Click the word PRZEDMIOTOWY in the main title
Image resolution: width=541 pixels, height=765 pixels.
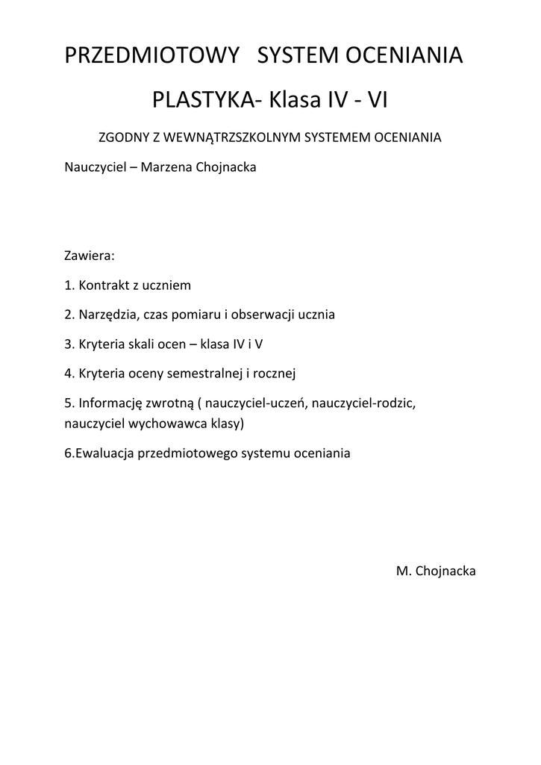click(153, 55)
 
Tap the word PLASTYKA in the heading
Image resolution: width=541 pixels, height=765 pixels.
click(202, 99)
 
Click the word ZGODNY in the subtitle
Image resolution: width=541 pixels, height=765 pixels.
click(120, 138)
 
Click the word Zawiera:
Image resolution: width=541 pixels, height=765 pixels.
click(90, 255)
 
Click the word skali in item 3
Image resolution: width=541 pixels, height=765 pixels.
click(153, 344)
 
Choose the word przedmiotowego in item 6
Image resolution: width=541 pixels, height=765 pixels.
click(190, 453)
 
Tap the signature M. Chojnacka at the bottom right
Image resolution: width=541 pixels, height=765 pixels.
click(436, 571)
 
